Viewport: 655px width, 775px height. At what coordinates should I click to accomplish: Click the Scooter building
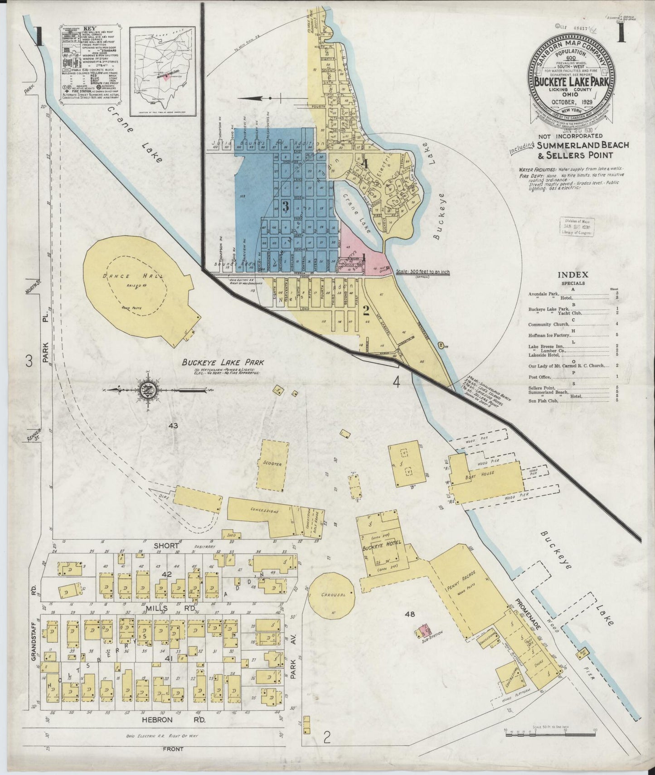(x=273, y=464)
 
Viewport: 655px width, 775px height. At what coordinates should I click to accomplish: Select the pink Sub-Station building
(x=424, y=630)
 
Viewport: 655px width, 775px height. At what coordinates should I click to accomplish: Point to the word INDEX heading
(x=573, y=274)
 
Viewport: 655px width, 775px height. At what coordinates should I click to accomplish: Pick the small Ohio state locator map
(x=162, y=71)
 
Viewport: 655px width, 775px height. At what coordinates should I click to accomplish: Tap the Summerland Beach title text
(x=583, y=145)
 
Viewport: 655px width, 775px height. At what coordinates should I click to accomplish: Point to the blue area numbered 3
(x=285, y=206)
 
